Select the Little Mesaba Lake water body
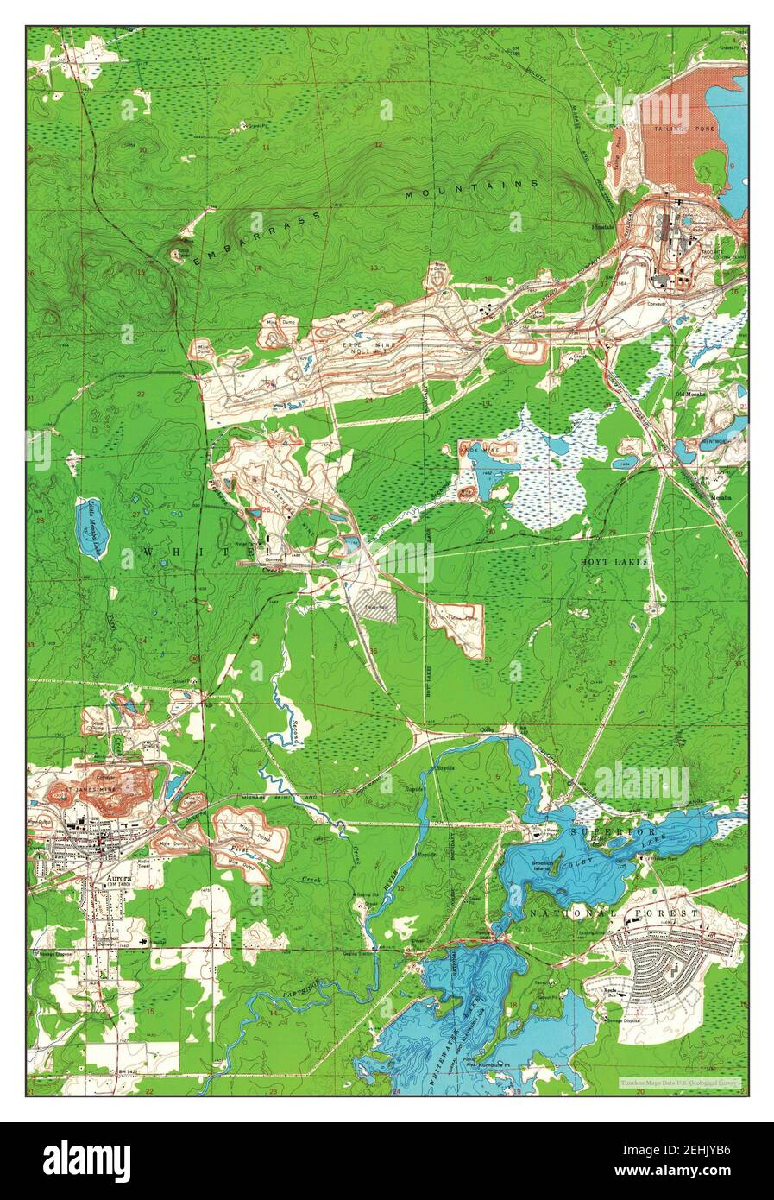coord(92,528)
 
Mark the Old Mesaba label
coord(690,393)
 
